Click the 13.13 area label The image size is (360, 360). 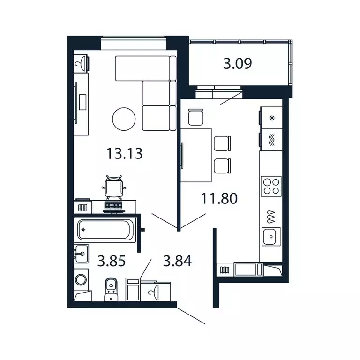point(124,153)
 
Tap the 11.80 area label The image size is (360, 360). point(219,198)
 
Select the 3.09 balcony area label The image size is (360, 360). point(238,63)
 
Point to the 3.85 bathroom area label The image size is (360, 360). point(112,261)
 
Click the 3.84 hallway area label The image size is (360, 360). point(177,261)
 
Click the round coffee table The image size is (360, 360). point(124,119)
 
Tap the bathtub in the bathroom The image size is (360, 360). point(105,230)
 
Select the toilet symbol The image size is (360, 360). point(111,289)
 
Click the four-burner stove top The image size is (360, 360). point(271,186)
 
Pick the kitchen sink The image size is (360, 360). point(271,236)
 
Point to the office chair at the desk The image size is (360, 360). point(114,187)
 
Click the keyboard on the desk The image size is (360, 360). point(113,205)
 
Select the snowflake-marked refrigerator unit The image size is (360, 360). point(271,118)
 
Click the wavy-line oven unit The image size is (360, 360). point(271,140)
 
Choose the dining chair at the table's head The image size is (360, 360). point(196,117)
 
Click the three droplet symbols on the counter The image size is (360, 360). point(271,217)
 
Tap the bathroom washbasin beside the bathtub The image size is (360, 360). point(81,254)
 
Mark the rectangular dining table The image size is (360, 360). point(196,155)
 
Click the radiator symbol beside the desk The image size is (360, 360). point(83,207)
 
